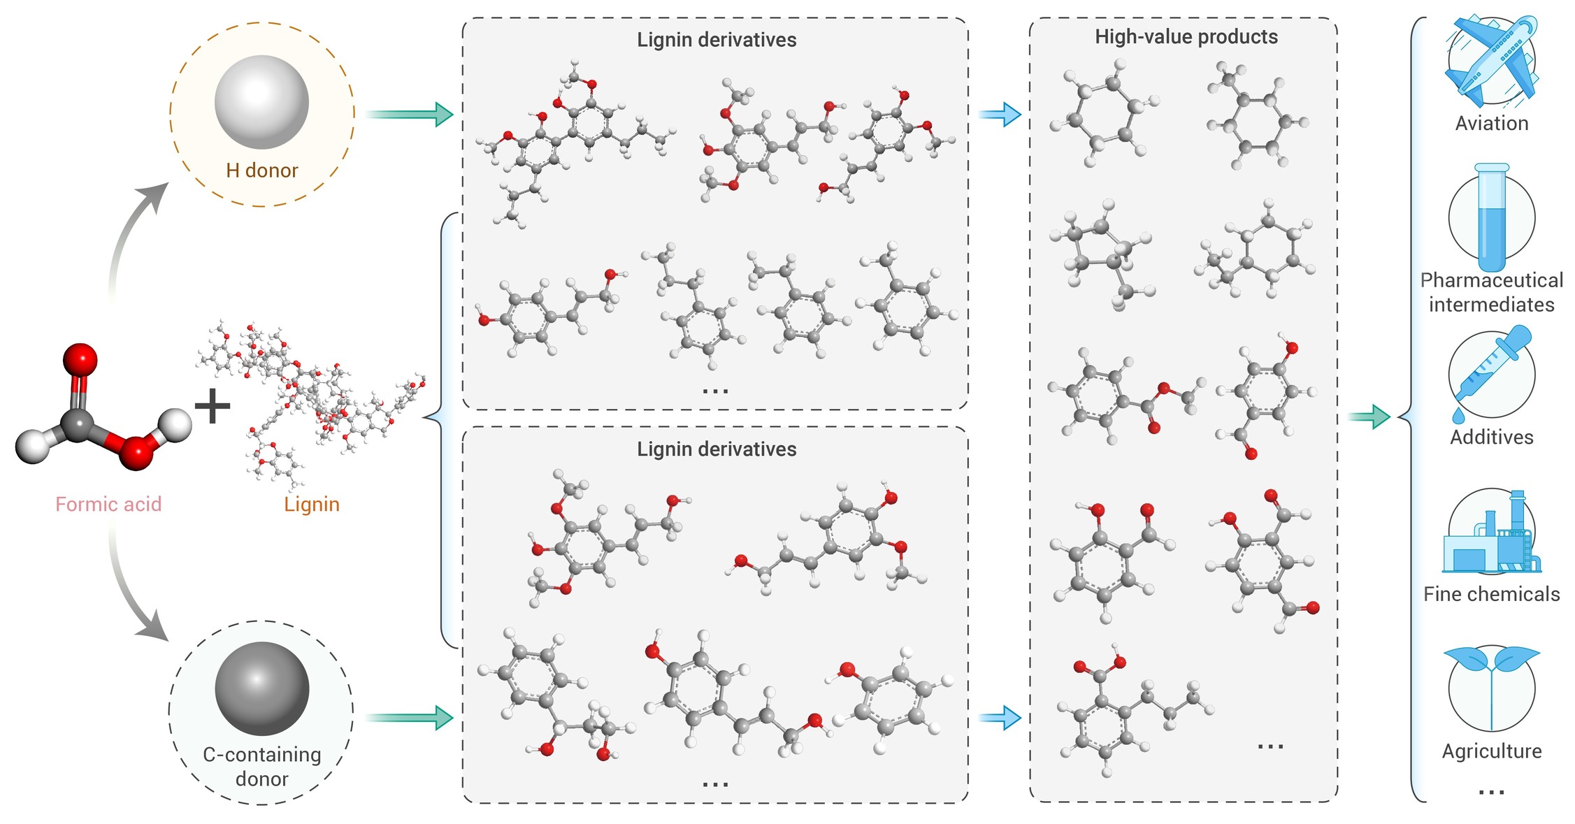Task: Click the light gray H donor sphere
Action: coord(261,102)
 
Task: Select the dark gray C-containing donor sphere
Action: coord(261,688)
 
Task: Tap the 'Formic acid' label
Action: coord(108,504)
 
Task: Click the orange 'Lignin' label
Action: coord(312,505)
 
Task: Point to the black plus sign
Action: coord(212,407)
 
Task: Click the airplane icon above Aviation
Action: coord(1492,61)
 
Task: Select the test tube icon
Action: coord(1492,218)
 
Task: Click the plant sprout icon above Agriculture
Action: coord(1492,688)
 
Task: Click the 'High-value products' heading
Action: coord(1186,37)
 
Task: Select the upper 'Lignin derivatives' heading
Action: coord(717,40)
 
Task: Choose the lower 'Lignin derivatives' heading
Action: coord(717,449)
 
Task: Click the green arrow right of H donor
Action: coord(410,114)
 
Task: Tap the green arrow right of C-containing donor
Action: coord(410,718)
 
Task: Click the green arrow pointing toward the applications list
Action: coord(1369,417)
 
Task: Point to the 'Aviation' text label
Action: coord(1492,124)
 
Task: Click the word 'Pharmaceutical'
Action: coord(1492,281)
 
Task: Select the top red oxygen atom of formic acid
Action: coord(80,361)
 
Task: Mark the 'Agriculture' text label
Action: coord(1492,751)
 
